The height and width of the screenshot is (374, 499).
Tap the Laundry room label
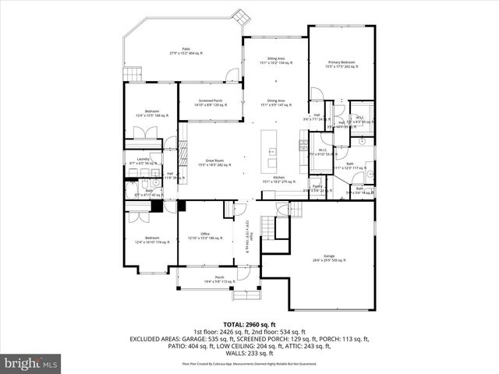coord(143,161)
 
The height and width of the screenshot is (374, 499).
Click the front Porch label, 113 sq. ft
coord(220,279)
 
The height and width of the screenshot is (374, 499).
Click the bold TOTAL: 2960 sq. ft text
coord(249,324)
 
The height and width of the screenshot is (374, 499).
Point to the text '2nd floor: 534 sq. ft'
coord(277,332)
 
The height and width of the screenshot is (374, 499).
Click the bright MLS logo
coord(31,363)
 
